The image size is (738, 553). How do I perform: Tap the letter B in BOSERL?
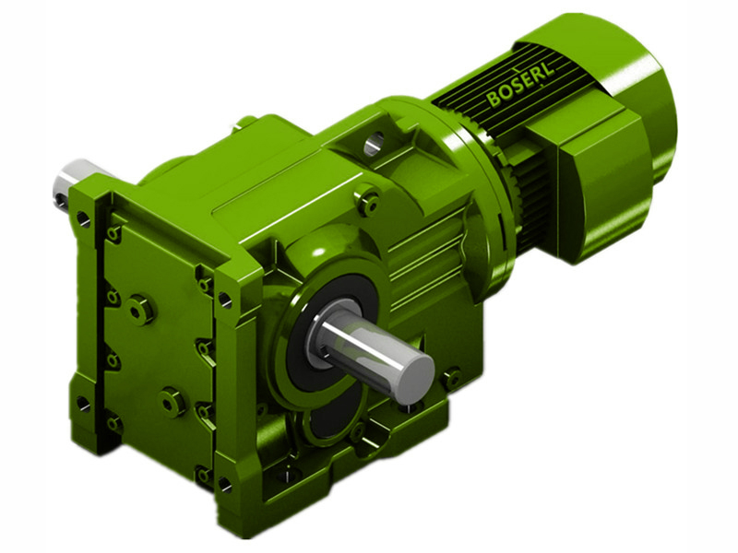(x=493, y=100)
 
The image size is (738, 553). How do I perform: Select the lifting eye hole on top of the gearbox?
(x=375, y=144)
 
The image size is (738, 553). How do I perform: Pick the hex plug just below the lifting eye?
(x=370, y=198)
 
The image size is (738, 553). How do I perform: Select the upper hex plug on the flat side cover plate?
(x=139, y=310)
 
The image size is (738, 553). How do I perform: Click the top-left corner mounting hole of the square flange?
(x=84, y=219)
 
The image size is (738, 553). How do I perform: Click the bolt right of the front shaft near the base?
(x=451, y=378)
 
